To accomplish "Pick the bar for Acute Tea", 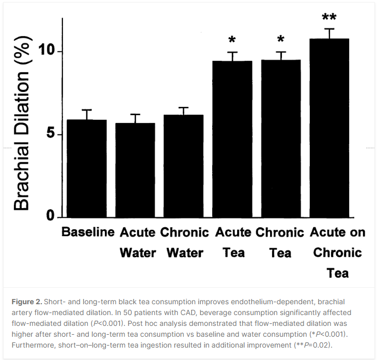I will pos(232,139).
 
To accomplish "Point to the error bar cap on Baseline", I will pos(87,110).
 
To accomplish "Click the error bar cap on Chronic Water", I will pos(183,107).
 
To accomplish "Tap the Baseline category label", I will pos(88,232).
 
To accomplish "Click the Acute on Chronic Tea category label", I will pos(338,253).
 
